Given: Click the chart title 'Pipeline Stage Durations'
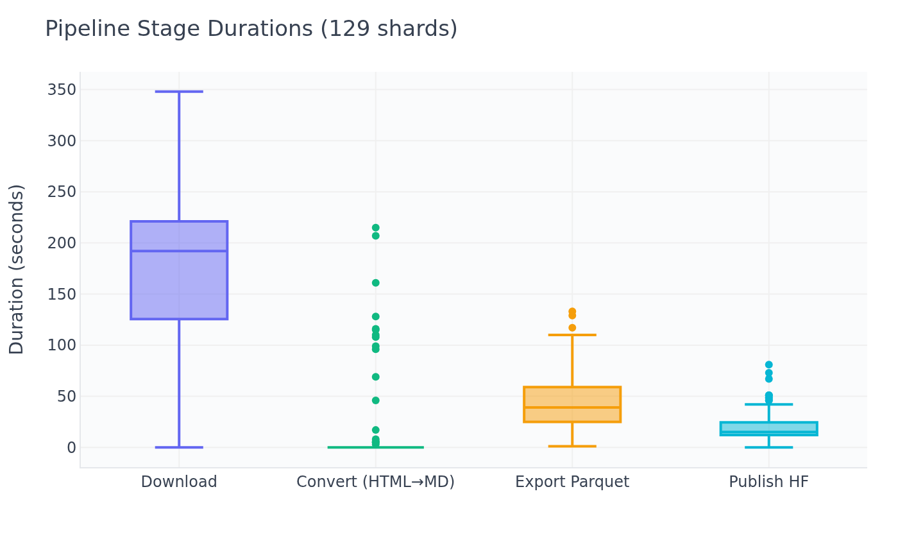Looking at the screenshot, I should (x=251, y=30).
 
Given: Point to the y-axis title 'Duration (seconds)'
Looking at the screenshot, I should (x=17, y=269).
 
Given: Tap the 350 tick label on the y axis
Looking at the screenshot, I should (x=62, y=90).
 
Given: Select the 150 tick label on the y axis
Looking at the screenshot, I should (x=62, y=295).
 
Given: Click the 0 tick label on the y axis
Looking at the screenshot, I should (x=71, y=448).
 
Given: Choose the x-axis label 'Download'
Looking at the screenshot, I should (x=179, y=482).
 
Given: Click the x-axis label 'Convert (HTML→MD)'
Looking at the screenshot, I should (x=375, y=482).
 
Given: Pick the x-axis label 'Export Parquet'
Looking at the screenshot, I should (x=572, y=482).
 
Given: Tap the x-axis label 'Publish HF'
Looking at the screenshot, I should (x=768, y=482).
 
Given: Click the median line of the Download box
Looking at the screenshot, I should (x=179, y=251).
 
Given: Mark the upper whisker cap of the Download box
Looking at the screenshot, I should (x=179, y=92).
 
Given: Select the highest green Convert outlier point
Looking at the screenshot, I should (x=375, y=228).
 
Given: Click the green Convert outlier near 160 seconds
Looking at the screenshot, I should (x=375, y=283).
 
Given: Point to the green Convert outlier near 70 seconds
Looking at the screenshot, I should (x=375, y=377).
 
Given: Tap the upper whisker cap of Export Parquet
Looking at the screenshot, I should (x=572, y=335).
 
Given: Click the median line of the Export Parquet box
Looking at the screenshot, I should (x=572, y=407).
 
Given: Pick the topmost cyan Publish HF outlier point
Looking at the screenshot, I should (x=768, y=364).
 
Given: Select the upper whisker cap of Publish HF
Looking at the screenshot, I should (x=768, y=404).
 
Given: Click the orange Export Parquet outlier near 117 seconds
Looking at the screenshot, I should (x=572, y=328).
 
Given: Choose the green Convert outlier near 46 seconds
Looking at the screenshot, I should (x=375, y=400).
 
